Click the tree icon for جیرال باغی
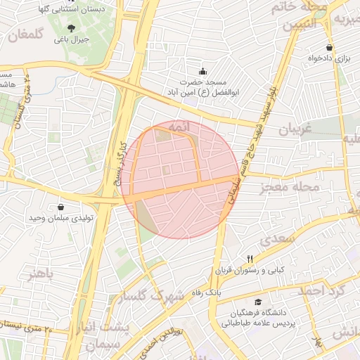pos(71,28)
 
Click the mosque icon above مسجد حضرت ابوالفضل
pos(203,71)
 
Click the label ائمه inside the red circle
pos(180,130)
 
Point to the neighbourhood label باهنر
pos(40,273)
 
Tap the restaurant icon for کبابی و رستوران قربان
pos(249,259)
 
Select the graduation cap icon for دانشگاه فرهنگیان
pos(259,302)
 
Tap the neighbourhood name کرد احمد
pos(322,290)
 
